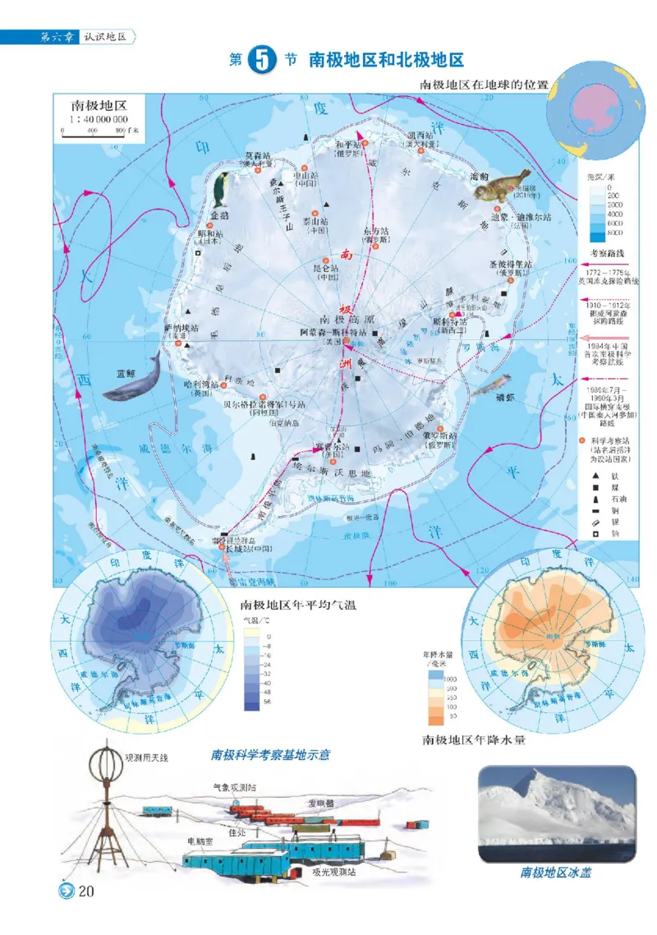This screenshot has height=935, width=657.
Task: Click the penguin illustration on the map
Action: pos(221,189)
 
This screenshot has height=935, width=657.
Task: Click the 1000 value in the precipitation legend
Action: pos(449,679)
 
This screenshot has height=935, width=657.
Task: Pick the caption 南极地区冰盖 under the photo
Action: pos(555,873)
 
